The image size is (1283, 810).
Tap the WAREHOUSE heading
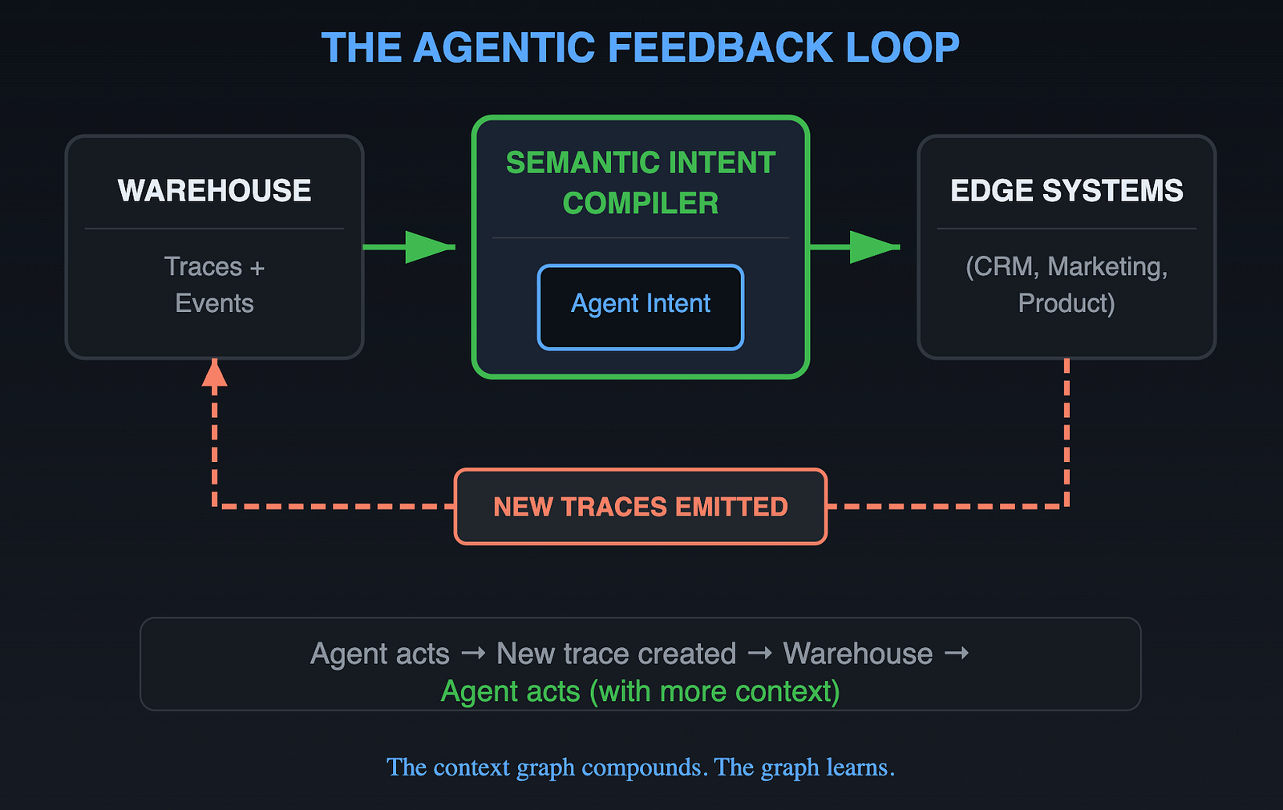tap(215, 191)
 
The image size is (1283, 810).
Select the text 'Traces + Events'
tap(215, 285)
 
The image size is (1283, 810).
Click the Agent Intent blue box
tap(641, 307)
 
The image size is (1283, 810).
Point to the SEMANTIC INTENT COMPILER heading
tap(641, 183)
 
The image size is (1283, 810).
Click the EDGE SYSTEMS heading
tap(1066, 191)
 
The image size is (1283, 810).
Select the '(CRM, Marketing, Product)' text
tap(1066, 285)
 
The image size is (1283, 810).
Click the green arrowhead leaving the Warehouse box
tap(429, 247)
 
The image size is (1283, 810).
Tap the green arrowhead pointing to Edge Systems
tap(873, 247)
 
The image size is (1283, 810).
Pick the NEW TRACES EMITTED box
tap(641, 507)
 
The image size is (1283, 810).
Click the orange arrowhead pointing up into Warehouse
tap(214, 374)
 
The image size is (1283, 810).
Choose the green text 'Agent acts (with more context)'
tap(641, 691)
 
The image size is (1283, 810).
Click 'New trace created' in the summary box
tap(616, 654)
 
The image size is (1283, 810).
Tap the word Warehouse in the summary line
tap(858, 654)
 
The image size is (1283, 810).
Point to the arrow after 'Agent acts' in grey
tap(473, 654)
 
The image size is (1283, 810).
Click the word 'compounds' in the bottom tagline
tap(644, 767)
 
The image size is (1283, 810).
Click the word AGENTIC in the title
tap(504, 48)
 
